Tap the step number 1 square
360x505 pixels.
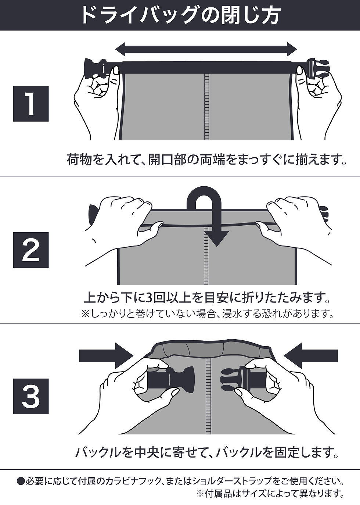[31, 104]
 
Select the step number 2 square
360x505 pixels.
[31, 250]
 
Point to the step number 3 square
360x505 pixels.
[31, 396]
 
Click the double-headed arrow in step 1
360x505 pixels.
[206, 49]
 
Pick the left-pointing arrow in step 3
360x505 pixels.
[311, 355]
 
